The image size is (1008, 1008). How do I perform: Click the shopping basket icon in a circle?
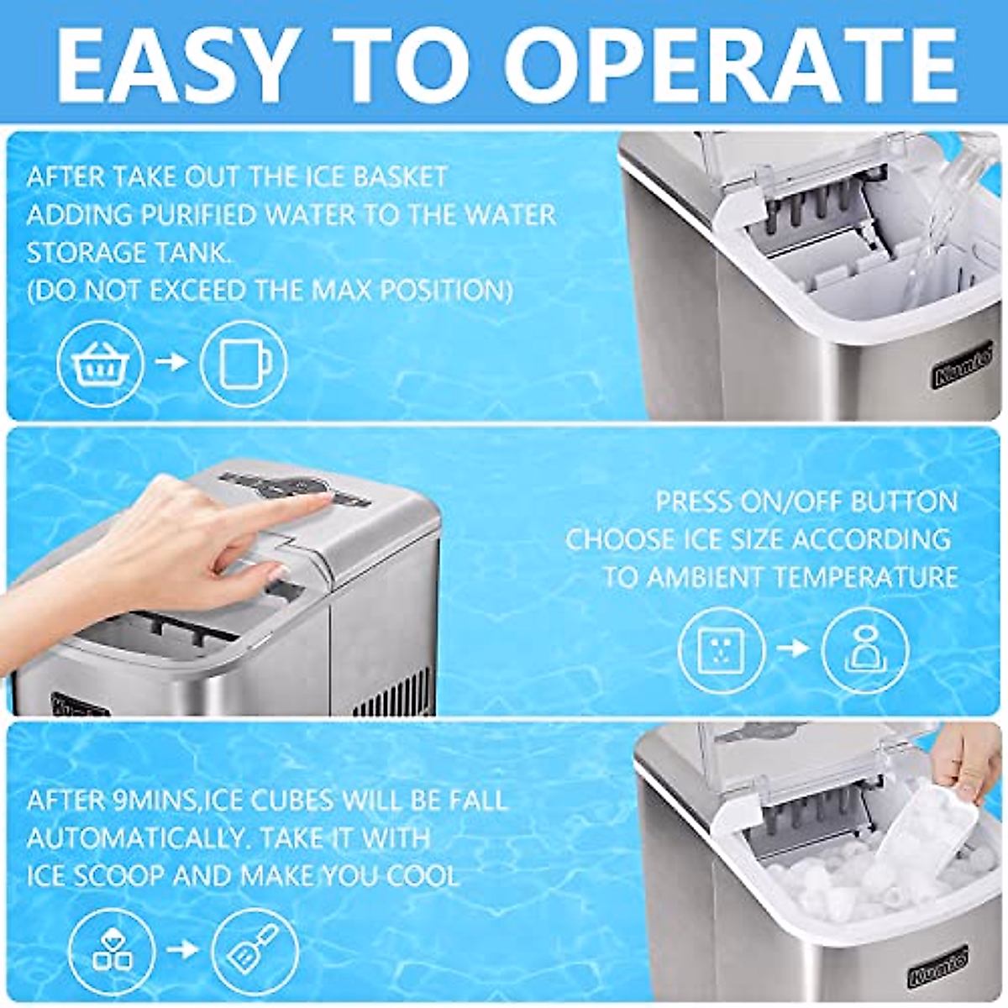click(x=101, y=364)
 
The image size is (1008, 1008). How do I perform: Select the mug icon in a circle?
click(x=244, y=364)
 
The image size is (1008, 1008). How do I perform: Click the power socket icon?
click(x=722, y=649)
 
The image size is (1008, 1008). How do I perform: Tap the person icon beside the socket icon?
click(x=865, y=649)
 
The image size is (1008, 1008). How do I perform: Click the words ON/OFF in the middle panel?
click(x=789, y=501)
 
